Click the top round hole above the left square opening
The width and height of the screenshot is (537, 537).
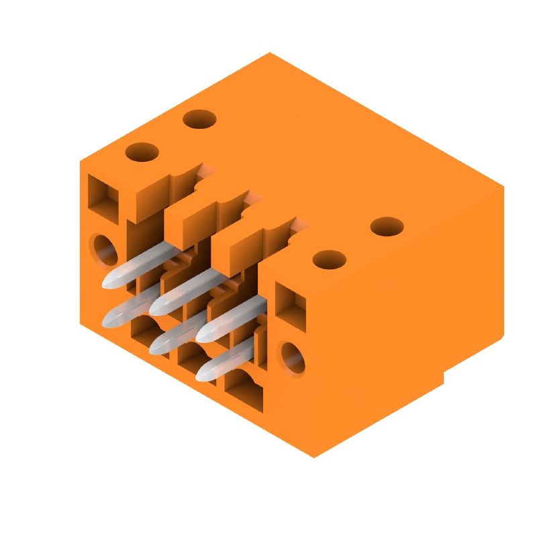(142, 152)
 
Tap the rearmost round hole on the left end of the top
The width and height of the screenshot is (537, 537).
(199, 120)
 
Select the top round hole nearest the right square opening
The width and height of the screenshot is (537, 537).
(329, 259)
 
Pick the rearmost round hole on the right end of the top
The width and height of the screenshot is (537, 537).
(387, 227)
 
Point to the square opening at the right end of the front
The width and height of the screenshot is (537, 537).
(291, 306)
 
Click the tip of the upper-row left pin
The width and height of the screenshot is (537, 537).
(107, 284)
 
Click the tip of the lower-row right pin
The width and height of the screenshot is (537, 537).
(201, 373)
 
